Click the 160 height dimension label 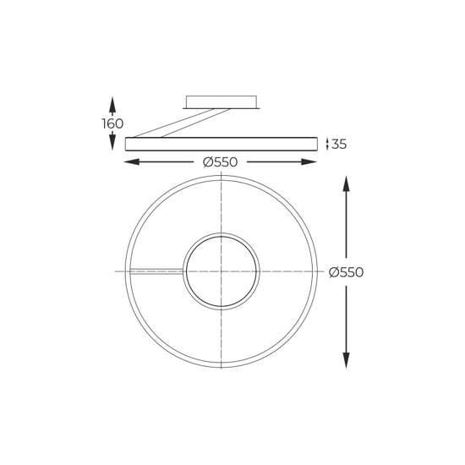point(112,124)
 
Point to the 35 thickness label point(339,145)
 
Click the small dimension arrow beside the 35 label point(326,145)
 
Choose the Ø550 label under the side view point(221,162)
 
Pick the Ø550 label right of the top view point(346,272)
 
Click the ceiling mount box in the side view point(221,102)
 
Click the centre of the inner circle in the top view point(221,271)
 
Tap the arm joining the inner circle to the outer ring point(157,271)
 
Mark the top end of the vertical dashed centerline point(221,172)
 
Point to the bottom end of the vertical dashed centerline point(221,371)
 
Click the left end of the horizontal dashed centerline point(117,271)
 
